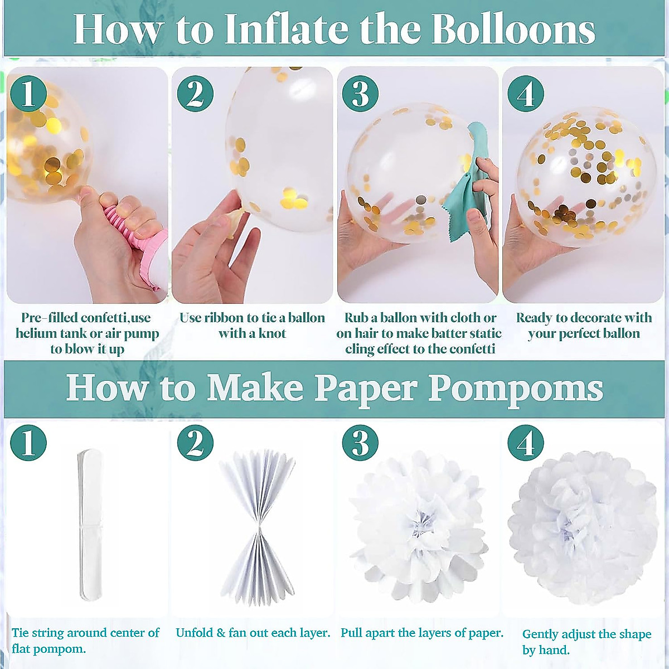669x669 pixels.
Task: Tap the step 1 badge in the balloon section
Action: [28, 94]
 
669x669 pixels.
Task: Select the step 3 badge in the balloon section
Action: [360, 94]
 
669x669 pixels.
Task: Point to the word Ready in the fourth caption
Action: [534, 318]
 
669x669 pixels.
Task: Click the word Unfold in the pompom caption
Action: [195, 633]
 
